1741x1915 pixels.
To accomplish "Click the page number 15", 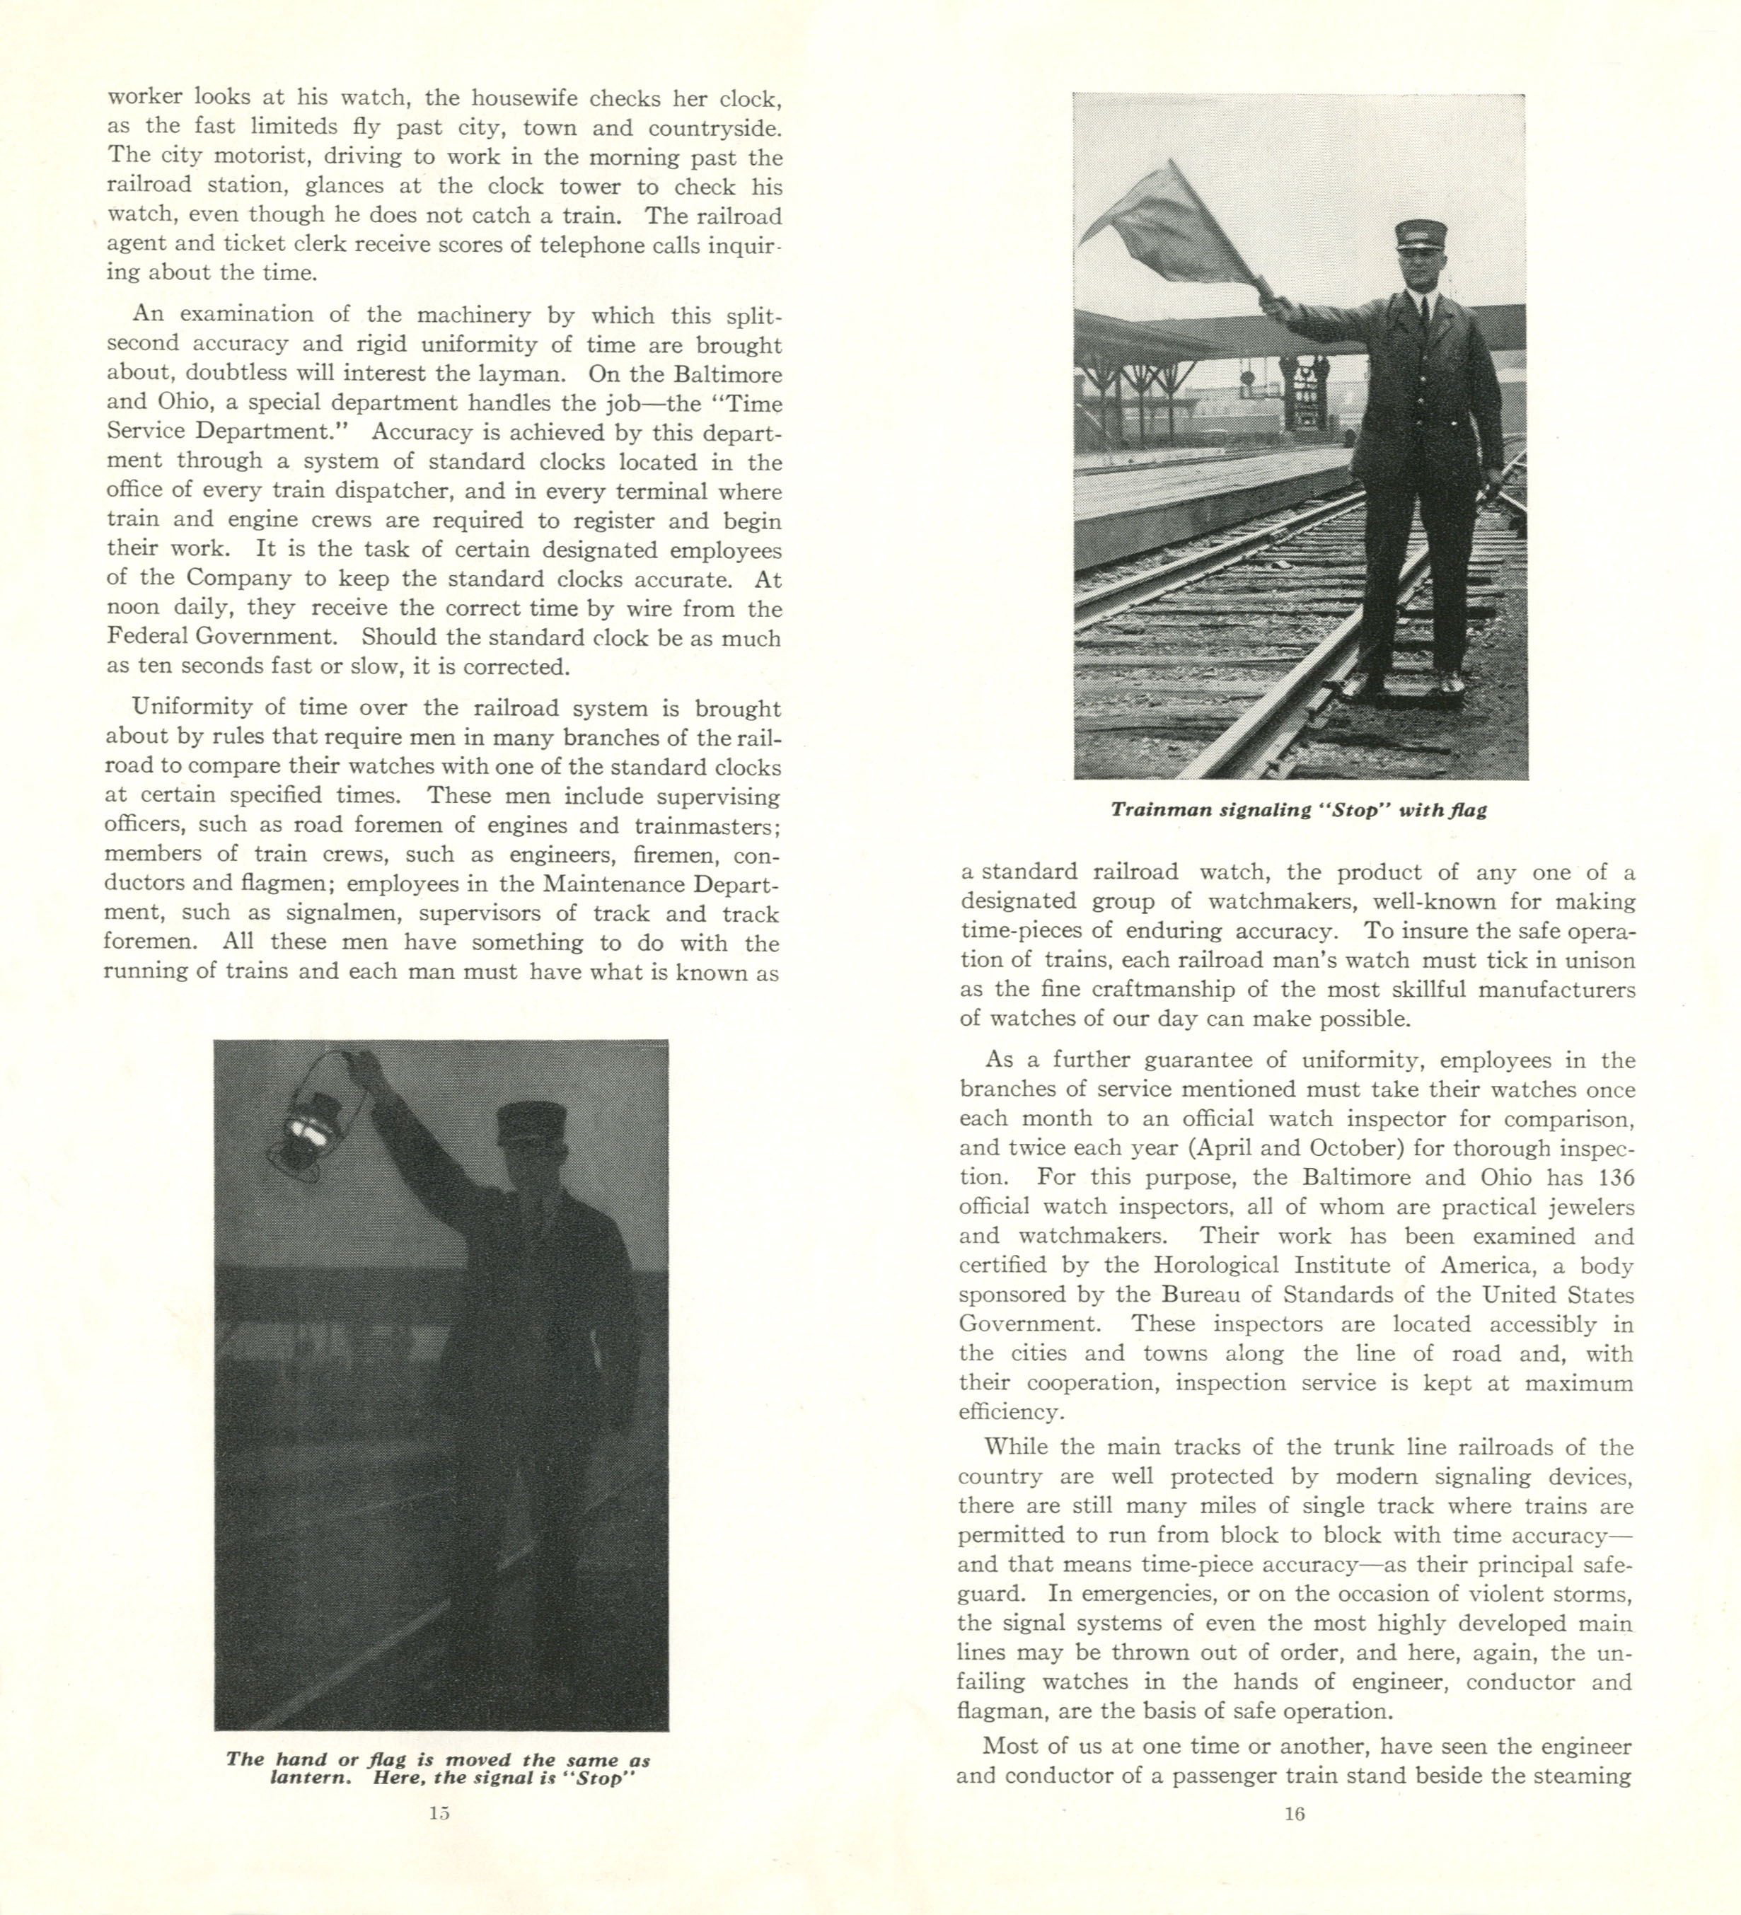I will [438, 1812].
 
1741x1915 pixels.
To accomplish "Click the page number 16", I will [1295, 1813].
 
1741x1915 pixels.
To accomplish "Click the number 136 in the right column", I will [1614, 1178].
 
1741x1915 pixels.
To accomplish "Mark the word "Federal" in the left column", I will [150, 637].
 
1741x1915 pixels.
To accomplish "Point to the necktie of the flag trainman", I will [1422, 308].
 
